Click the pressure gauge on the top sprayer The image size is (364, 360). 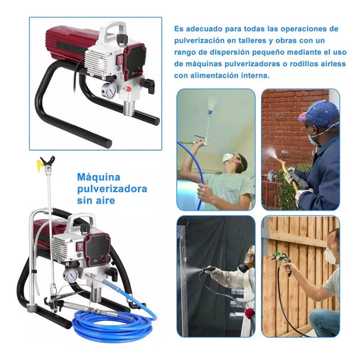[x=109, y=90]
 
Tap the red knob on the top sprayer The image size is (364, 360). [x=128, y=89]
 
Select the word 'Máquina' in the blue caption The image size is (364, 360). [x=99, y=177]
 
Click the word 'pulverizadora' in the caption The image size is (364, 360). [x=112, y=189]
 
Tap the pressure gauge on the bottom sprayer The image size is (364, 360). [x=71, y=275]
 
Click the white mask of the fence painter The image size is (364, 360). [x=331, y=255]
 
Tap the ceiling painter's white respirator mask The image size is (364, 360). [x=227, y=158]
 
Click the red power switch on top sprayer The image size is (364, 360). [x=121, y=59]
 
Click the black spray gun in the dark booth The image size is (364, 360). [x=209, y=270]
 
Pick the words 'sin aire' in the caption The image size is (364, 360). [x=96, y=201]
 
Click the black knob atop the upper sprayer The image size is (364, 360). [x=122, y=38]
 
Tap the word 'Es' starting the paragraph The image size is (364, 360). [x=178, y=29]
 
